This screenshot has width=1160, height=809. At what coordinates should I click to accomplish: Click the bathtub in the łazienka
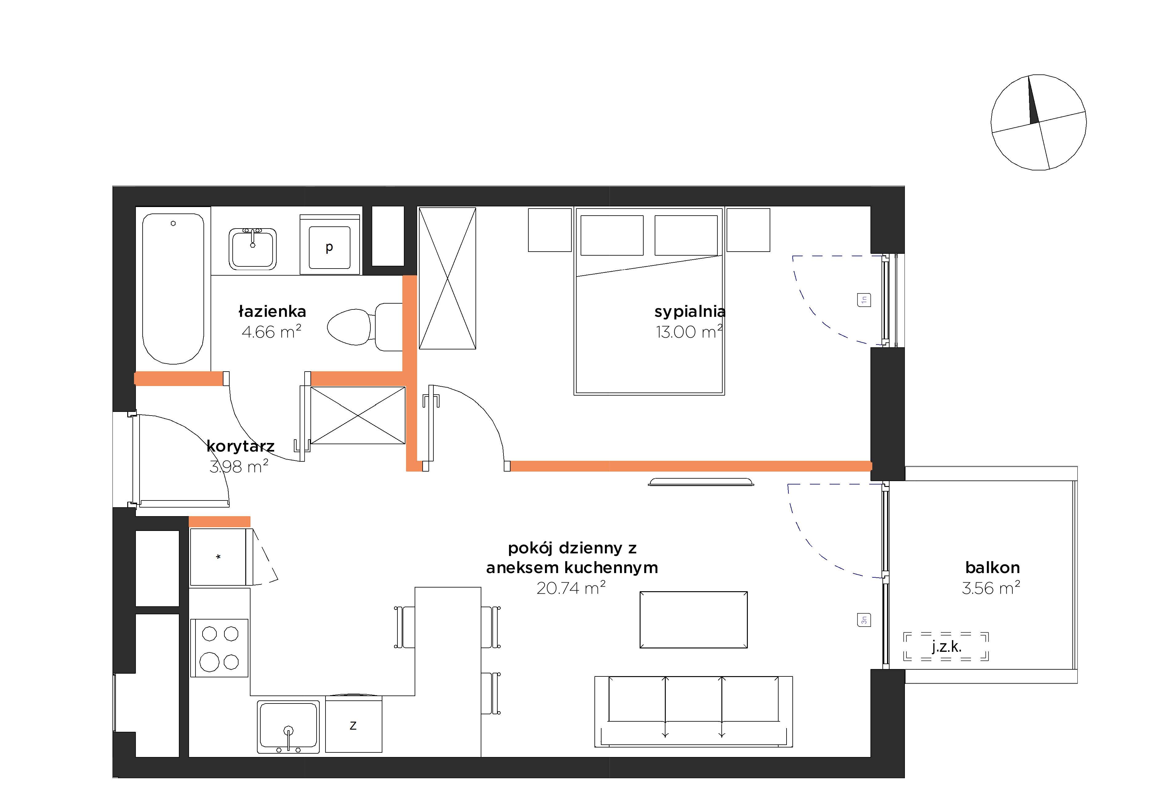tap(173, 288)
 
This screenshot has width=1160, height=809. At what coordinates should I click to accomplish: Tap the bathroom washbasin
tap(253, 249)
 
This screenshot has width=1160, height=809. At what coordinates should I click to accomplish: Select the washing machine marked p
tap(329, 245)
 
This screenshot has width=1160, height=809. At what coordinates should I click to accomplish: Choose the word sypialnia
tap(690, 312)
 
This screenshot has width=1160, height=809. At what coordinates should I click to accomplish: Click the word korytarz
tap(240, 446)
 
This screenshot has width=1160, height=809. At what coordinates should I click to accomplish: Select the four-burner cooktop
tap(219, 648)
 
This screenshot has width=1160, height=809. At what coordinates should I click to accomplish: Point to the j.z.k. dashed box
tap(946, 647)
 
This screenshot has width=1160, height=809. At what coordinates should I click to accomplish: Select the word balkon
tap(992, 567)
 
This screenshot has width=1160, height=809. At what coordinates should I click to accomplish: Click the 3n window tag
tap(864, 620)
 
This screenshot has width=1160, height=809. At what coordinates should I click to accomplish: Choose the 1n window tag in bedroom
tap(864, 300)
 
